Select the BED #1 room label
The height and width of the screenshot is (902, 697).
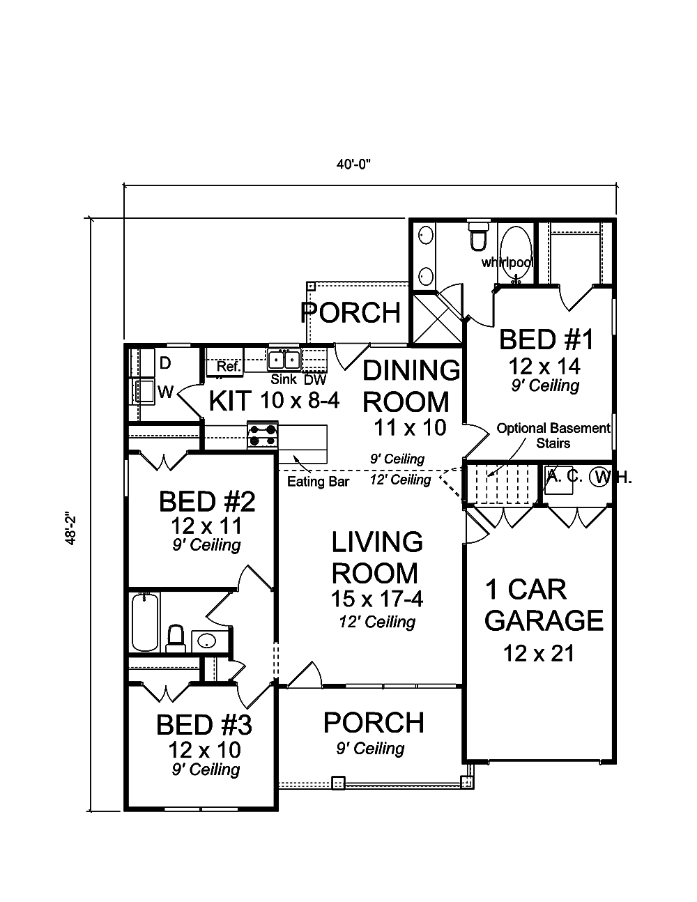pos(546,340)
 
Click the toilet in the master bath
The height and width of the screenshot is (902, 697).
pos(478,236)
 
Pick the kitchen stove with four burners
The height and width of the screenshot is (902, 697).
pos(263,436)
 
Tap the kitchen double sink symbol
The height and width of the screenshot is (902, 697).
pos(284,360)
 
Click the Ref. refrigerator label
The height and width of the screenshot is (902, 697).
pos(228,366)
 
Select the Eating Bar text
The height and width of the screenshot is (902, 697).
pos(318,482)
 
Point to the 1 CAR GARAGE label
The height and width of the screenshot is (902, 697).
pos(544,605)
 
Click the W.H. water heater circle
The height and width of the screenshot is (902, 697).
pos(599,477)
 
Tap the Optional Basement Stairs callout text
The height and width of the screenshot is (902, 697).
pos(553,436)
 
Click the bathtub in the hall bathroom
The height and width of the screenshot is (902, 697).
pos(146,621)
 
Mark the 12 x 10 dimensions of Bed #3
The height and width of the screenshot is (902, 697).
pos(204,749)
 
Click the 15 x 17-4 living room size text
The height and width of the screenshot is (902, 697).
pos(377,598)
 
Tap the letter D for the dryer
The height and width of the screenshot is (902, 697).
pos(165,363)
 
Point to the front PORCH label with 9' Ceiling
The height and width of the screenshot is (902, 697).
pos(374,723)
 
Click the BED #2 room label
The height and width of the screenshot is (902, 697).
pos(197,501)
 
